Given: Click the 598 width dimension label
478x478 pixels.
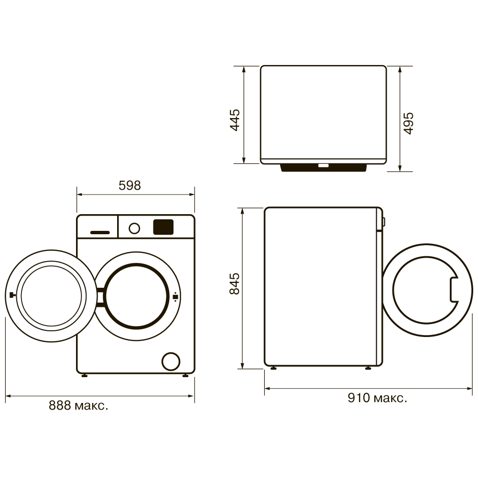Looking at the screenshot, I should click(130, 185).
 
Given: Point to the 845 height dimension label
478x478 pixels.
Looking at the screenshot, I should click(234, 284).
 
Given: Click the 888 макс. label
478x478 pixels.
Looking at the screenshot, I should click(78, 406).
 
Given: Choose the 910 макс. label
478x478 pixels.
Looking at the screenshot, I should click(378, 398).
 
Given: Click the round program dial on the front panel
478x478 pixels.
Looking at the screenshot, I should click(134, 228).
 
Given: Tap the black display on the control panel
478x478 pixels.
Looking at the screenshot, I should click(163, 227).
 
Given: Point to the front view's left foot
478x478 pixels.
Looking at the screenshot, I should click(85, 376).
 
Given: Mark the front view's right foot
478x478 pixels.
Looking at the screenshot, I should click(185, 376).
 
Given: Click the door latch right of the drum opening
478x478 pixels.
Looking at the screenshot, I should click(176, 296).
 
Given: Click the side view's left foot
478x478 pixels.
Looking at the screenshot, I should click(273, 368).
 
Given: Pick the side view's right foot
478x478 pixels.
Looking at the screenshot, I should click(368, 368).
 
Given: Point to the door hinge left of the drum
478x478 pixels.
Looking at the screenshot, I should click(100, 296).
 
